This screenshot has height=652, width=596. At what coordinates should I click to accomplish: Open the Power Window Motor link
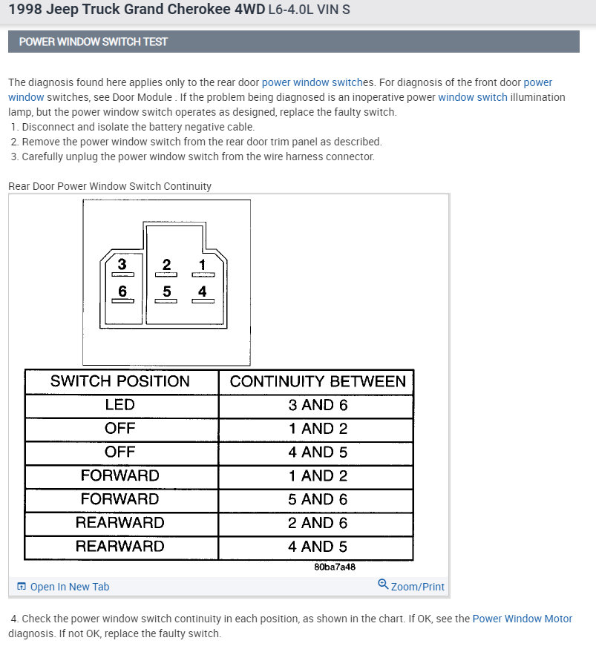pos(523,619)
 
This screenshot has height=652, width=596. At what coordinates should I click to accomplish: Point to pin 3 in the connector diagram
pos(122,265)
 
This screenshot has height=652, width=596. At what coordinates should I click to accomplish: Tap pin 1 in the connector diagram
pos(203,265)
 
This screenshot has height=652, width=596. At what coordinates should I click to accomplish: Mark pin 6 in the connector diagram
pos(122,292)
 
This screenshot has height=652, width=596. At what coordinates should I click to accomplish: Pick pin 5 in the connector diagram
pos(166,292)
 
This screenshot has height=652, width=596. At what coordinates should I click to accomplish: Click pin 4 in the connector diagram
pos(203,292)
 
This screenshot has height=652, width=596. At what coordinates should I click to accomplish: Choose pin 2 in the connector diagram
pos(166,265)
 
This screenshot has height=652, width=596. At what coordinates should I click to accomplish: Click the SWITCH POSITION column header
pos(120,381)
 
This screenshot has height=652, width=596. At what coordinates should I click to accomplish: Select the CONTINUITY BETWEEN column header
pos(318,381)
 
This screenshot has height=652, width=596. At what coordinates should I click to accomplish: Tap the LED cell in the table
pos(120,405)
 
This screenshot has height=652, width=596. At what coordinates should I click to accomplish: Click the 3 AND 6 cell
pos(318,405)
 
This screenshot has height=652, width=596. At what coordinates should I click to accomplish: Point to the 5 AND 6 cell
pos(318,499)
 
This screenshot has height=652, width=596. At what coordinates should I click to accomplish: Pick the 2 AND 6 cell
pos(318,523)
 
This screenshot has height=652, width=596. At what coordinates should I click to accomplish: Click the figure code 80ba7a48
pos(335,567)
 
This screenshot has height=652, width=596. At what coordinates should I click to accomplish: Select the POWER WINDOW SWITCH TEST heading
pos(94,42)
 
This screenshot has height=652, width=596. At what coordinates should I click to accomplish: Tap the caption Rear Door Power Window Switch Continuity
pos(110,186)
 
